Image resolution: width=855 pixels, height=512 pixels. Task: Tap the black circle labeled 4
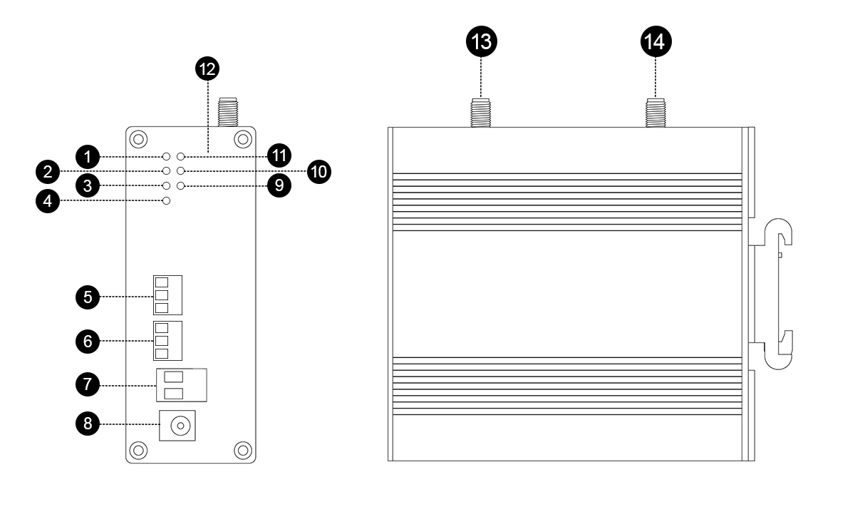tap(47, 201)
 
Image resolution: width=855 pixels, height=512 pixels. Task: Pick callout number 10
tap(319, 171)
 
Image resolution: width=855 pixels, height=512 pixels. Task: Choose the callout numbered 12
tap(208, 69)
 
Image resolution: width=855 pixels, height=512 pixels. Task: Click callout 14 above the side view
tap(655, 41)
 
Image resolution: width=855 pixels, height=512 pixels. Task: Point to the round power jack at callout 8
tap(180, 427)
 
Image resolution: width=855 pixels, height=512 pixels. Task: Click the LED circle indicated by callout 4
tap(167, 201)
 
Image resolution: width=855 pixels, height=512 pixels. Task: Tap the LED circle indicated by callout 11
tap(181, 155)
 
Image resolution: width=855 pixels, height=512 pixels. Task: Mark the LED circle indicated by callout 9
tap(181, 185)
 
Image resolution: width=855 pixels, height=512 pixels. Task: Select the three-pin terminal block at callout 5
tap(167, 295)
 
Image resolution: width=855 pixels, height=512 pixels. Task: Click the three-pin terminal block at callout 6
tap(167, 341)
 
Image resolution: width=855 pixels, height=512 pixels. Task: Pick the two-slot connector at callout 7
tap(180, 386)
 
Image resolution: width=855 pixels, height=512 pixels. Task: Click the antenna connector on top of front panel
tap(228, 113)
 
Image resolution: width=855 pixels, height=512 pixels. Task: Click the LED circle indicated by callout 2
tap(167, 171)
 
